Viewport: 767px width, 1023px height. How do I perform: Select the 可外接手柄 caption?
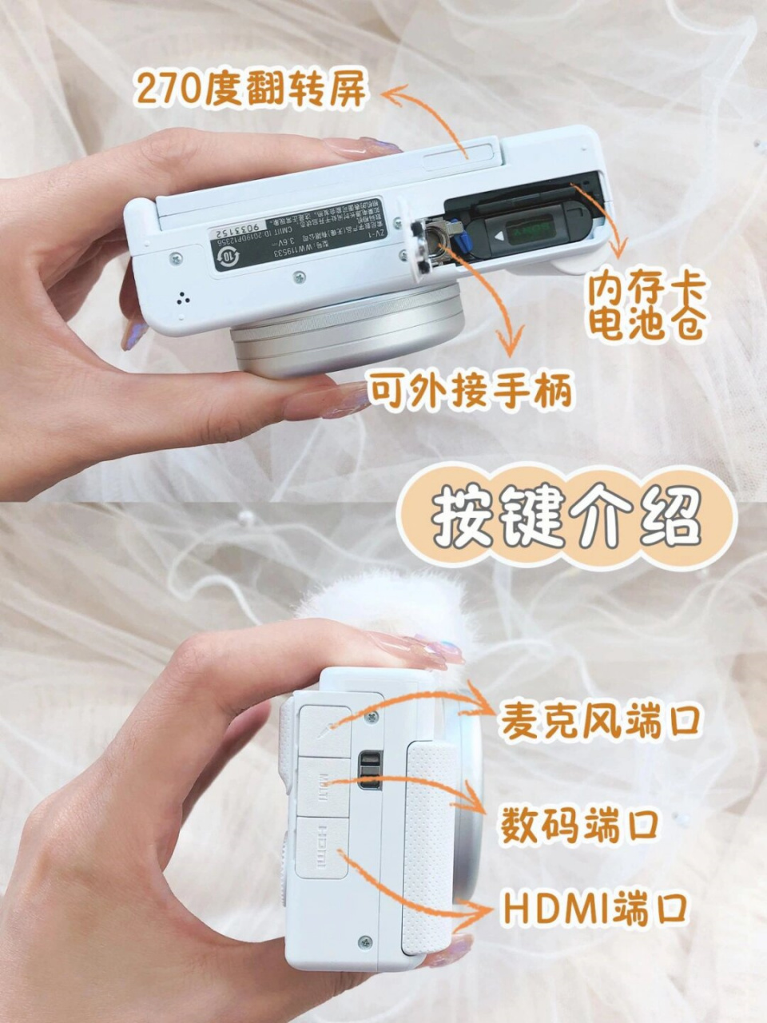(x=470, y=392)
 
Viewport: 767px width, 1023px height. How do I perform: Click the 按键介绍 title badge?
(x=566, y=519)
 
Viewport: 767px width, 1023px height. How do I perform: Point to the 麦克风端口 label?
(x=600, y=719)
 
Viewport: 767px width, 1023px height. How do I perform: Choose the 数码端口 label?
(x=579, y=825)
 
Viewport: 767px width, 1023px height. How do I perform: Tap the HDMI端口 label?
(x=596, y=910)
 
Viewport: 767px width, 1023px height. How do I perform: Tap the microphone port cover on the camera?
(x=324, y=727)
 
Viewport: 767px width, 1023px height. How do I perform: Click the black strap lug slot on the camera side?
(x=368, y=768)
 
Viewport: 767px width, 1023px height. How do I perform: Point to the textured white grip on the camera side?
(x=431, y=847)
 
